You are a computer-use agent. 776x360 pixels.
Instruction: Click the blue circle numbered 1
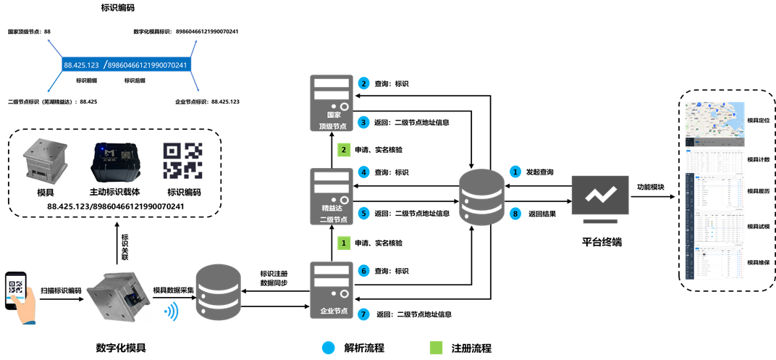[515, 172]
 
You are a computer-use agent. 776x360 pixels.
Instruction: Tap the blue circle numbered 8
[515, 214]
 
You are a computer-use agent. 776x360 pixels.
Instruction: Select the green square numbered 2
[345, 150]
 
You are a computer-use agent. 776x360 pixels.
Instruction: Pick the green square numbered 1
[345, 243]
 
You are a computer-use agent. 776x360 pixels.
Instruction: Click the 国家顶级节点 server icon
[331, 101]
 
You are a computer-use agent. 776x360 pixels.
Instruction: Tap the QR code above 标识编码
[182, 160]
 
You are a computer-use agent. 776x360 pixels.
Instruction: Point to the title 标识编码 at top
[119, 8]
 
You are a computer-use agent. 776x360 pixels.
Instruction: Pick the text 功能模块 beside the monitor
[654, 186]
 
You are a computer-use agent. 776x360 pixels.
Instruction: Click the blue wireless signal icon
[171, 311]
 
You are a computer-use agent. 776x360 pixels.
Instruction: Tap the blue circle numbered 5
[364, 214]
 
